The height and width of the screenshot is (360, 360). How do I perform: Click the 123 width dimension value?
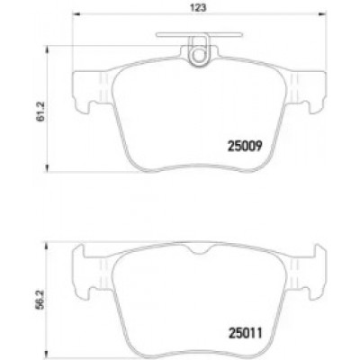[x=199, y=8]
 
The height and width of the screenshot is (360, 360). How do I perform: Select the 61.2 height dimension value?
[x=40, y=111]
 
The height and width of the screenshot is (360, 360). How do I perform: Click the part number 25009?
[x=245, y=147]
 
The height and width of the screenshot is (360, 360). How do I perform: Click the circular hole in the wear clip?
[x=198, y=55]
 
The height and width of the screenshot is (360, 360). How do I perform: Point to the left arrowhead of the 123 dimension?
[x=77, y=13]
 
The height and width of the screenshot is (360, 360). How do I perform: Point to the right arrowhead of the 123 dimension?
[x=322, y=13]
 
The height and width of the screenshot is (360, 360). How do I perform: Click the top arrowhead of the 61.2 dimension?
[x=46, y=49]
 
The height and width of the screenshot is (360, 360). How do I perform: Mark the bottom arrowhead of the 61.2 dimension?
[x=46, y=168]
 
